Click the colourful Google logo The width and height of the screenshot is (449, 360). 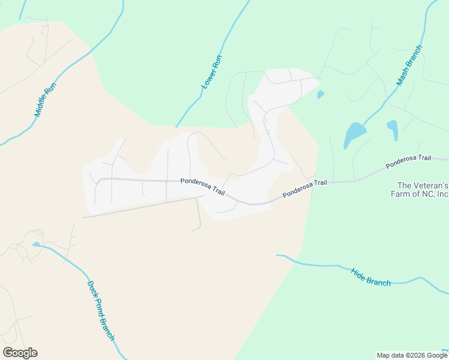[x=20, y=353]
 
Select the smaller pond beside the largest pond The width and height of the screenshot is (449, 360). [x=393, y=128]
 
